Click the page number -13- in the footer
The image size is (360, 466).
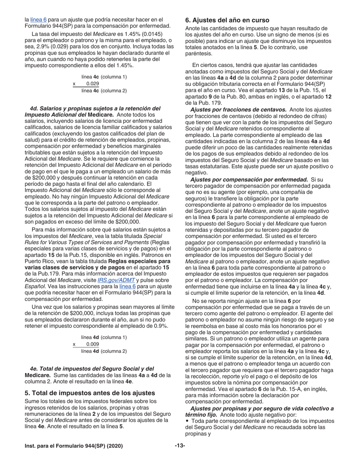click(180, 446)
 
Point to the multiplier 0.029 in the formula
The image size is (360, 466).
click(92, 84)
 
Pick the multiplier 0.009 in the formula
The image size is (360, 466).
click(92, 344)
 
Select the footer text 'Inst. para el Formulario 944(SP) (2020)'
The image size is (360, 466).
click(74, 446)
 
